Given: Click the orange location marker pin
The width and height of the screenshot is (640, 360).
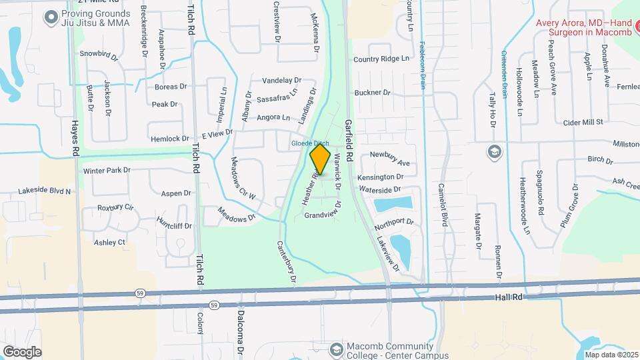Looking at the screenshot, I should coord(320,160).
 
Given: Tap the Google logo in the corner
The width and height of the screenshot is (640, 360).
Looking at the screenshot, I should coord(23,351).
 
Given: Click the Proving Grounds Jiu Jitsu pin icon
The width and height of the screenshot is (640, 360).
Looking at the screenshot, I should coord(52,18).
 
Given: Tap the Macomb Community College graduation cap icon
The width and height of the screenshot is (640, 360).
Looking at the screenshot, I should coord(337,349).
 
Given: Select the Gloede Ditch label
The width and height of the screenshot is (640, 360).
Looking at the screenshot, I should coord(309,143).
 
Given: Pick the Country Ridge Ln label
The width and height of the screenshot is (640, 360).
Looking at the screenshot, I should coord(381,59).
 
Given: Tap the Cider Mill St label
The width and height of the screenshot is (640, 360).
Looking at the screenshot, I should coord(583,122).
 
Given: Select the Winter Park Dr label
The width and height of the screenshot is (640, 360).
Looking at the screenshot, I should coord(107,171).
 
